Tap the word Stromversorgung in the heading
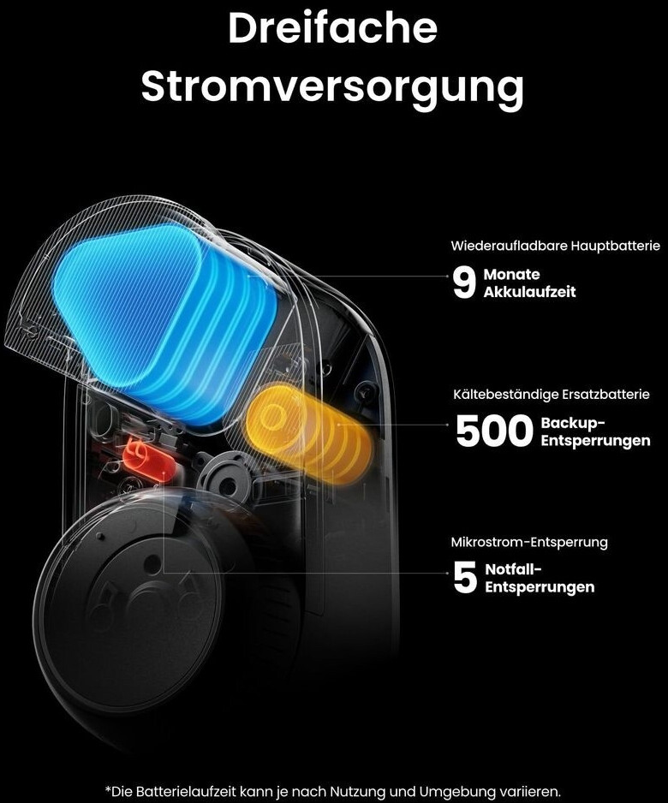(x=332, y=86)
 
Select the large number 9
(x=463, y=283)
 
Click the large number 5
(x=464, y=579)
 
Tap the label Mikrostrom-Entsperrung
(x=529, y=542)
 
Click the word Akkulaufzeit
(x=529, y=292)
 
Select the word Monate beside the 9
(x=511, y=275)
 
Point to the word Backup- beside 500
(x=572, y=424)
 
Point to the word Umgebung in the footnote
(x=450, y=790)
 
